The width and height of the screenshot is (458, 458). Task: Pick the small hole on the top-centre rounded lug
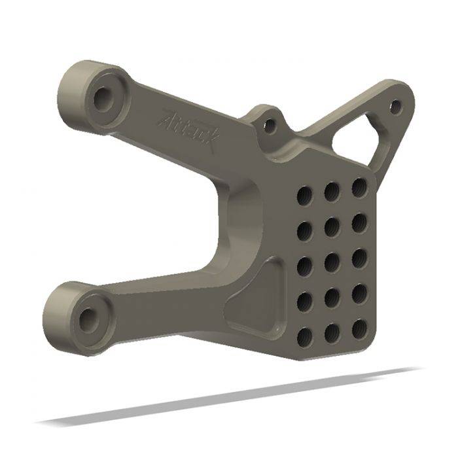click(269, 125)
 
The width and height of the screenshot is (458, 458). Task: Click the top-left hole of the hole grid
click(305, 194)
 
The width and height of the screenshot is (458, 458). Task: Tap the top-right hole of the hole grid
click(359, 188)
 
